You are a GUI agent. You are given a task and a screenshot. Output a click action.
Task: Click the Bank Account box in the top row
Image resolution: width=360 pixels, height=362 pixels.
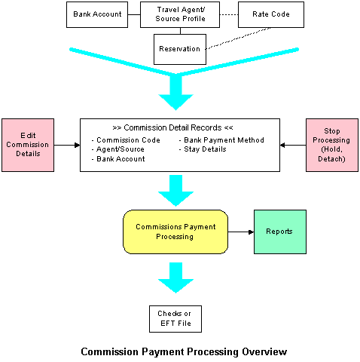(97, 14)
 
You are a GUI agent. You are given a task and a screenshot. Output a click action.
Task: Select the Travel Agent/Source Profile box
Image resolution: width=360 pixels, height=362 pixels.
(180, 14)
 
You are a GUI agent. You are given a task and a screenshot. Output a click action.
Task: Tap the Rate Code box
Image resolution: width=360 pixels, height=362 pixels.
(271, 14)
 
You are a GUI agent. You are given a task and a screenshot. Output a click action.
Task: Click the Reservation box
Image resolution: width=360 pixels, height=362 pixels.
(180, 49)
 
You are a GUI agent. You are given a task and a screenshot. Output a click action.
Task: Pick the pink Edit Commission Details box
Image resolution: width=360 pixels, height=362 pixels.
(28, 145)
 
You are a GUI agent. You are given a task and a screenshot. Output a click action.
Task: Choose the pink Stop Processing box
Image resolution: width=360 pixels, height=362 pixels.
(332, 145)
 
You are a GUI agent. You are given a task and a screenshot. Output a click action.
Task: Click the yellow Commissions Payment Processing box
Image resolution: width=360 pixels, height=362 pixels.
(175, 232)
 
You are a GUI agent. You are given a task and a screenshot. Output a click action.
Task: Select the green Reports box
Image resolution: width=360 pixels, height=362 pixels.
(280, 232)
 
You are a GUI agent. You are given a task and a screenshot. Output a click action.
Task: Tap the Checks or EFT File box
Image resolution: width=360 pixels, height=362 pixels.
(175, 319)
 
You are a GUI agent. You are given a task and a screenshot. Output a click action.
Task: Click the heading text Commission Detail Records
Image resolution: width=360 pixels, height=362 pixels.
(172, 127)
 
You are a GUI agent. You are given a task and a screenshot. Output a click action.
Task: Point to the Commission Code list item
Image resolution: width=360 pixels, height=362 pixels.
(126, 140)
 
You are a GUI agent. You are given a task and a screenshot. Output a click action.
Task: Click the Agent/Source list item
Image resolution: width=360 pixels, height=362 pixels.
(118, 149)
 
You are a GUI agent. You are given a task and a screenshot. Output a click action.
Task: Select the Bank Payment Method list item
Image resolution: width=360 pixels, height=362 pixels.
(221, 140)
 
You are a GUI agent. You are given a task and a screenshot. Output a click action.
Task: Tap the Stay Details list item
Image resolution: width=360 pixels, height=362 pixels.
(203, 149)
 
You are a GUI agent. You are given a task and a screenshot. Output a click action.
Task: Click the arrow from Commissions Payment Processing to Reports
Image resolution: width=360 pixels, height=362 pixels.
(241, 232)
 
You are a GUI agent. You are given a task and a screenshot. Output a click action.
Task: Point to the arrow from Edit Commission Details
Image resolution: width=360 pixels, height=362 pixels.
(67, 145)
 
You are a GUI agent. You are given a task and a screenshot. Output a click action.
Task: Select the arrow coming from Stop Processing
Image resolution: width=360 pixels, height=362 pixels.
(293, 145)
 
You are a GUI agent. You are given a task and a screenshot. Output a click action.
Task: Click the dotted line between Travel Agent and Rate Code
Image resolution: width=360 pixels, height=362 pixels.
(229, 14)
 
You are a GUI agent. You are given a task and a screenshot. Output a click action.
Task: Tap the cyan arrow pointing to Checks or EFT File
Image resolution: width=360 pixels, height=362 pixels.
(175, 278)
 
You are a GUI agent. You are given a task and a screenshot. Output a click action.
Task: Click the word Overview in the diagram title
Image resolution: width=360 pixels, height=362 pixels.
(264, 351)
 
